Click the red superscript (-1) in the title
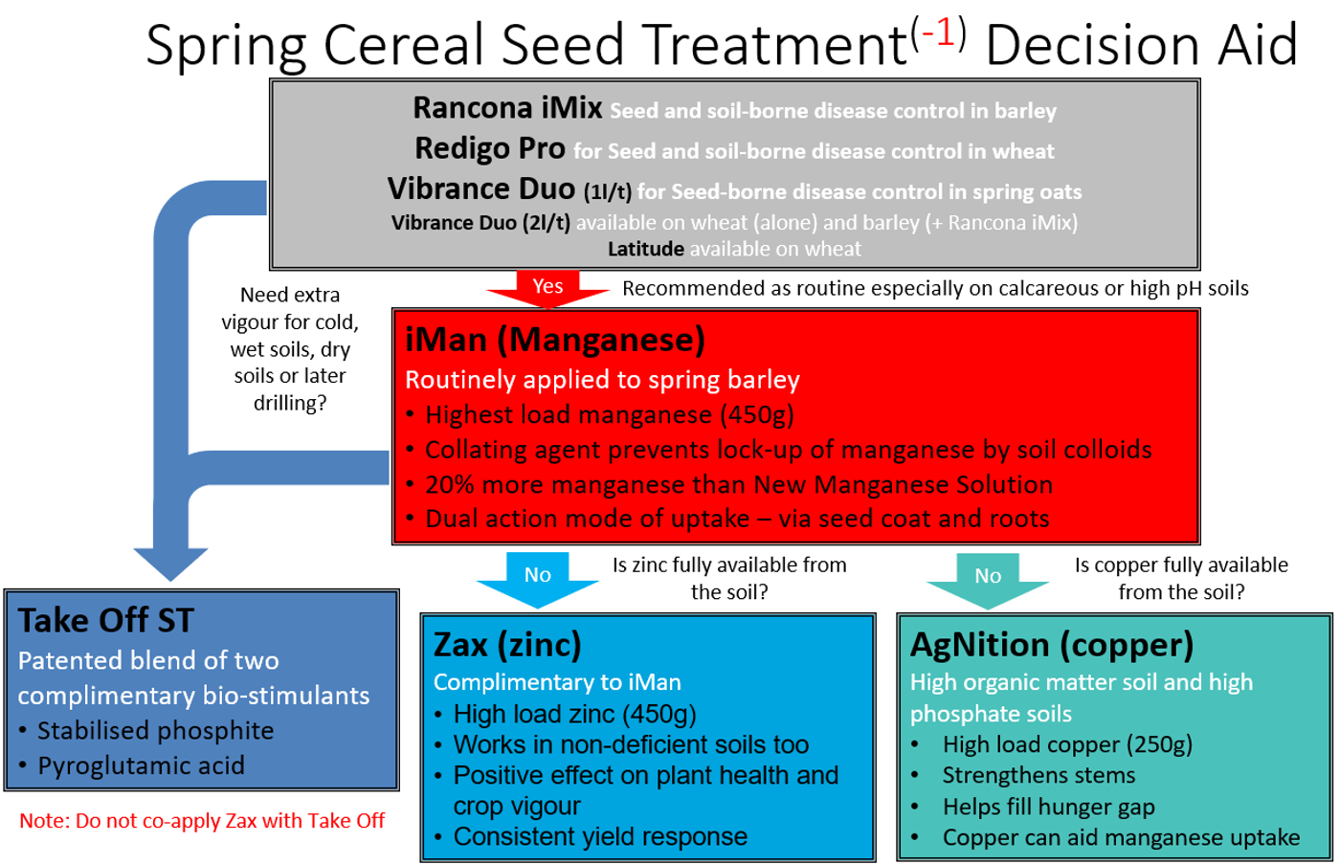click(x=938, y=33)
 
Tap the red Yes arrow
click(x=547, y=288)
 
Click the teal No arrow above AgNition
click(x=987, y=577)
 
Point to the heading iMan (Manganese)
click(x=555, y=340)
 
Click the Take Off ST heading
click(x=106, y=620)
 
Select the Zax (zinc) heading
click(x=507, y=644)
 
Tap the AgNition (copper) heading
click(x=1051, y=644)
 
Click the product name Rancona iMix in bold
click(x=507, y=108)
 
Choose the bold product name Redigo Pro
click(x=490, y=148)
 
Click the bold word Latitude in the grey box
click(x=645, y=249)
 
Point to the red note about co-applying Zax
click(x=202, y=821)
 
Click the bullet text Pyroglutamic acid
click(x=141, y=765)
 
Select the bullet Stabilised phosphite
click(x=155, y=731)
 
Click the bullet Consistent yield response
click(x=600, y=836)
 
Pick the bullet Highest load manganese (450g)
click(x=609, y=414)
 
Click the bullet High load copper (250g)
click(x=1067, y=744)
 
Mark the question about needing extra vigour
click(x=290, y=348)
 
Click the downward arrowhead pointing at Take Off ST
click(x=170, y=563)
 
